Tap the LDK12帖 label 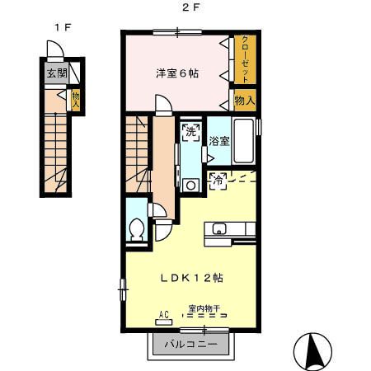click(x=191, y=278)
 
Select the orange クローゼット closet click(x=245, y=59)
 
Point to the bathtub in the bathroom click(x=245, y=140)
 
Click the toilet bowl click(x=138, y=228)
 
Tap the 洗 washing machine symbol click(x=190, y=133)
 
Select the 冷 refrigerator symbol click(x=218, y=178)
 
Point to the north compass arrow click(x=313, y=350)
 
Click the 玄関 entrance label click(x=56, y=73)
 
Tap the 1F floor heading click(x=62, y=27)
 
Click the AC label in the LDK click(x=163, y=312)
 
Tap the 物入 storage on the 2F click(x=245, y=101)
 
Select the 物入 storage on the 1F click(x=75, y=100)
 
